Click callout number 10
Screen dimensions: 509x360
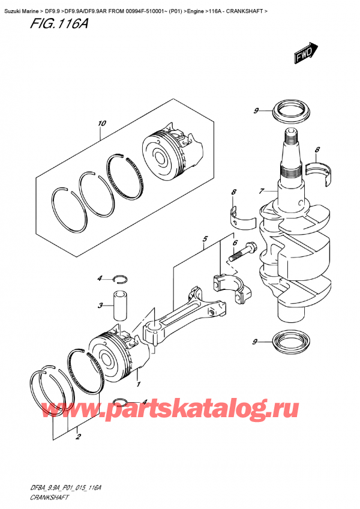(x=101, y=124)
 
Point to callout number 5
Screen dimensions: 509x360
(x=205, y=239)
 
